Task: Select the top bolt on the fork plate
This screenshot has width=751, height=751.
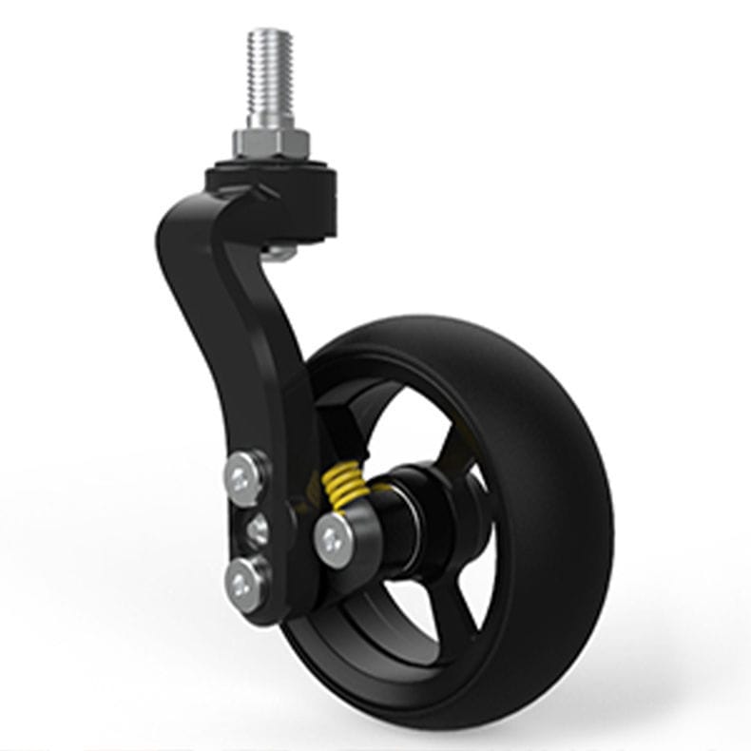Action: click(245, 473)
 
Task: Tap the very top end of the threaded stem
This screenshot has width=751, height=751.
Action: click(271, 32)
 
